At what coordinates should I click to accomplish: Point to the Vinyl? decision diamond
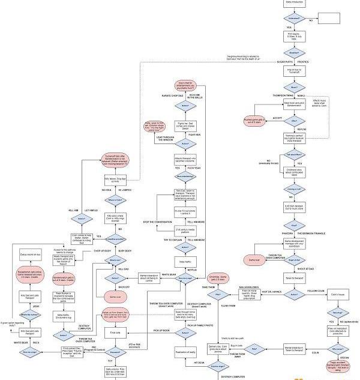coord(293,224)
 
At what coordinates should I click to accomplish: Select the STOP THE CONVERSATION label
coord(157,222)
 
